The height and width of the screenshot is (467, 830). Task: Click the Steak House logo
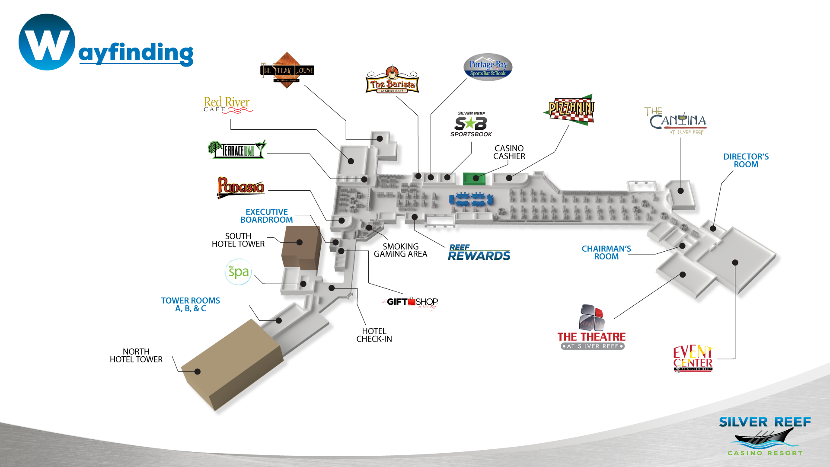click(287, 70)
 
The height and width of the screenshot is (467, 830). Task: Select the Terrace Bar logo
click(237, 150)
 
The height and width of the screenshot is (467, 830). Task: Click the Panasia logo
click(241, 187)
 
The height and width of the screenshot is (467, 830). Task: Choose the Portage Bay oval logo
click(488, 67)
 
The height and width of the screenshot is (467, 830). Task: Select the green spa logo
click(238, 272)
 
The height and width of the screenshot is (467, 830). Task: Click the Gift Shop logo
click(411, 302)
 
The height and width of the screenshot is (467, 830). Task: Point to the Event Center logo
click(693, 358)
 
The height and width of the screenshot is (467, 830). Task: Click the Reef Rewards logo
click(479, 253)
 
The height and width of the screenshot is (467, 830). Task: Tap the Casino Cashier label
click(509, 152)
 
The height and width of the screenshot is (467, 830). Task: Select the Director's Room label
click(746, 160)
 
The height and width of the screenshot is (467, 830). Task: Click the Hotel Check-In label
click(374, 335)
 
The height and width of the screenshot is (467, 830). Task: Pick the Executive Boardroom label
click(266, 216)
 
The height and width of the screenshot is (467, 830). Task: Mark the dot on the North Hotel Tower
click(198, 371)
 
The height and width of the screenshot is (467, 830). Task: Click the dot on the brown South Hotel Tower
click(300, 242)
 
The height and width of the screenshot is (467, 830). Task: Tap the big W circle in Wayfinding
click(47, 42)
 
